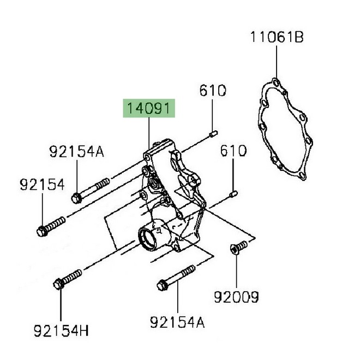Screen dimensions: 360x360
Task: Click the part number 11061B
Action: [277, 37]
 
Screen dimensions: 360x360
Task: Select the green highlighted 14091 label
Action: [149, 108]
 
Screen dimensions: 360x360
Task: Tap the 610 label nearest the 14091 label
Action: [212, 91]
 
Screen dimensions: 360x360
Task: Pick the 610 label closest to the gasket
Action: [233, 151]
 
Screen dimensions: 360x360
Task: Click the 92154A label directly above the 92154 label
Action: [76, 152]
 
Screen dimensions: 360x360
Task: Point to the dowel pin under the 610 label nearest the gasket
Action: [233, 193]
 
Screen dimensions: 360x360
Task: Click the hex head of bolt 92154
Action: [43, 231]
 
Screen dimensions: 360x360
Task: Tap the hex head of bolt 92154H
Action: [59, 283]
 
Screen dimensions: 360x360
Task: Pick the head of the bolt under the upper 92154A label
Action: [76, 196]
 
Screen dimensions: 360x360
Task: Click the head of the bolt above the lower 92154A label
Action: [163, 284]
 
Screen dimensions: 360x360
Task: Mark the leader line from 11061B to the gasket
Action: [277, 63]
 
